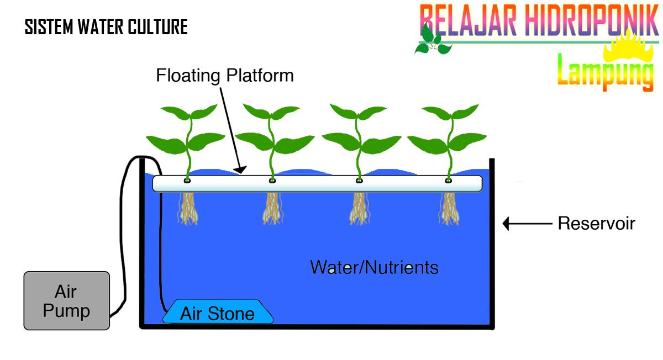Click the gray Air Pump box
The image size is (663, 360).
point(66,301)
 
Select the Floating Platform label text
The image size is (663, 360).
point(224,75)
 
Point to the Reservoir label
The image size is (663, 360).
point(596,224)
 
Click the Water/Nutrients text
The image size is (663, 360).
point(374,268)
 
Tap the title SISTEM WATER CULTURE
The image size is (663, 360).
point(106,27)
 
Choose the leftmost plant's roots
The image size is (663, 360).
point(188,209)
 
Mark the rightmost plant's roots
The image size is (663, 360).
point(449,209)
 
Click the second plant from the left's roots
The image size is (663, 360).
point(273,209)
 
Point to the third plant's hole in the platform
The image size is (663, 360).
point(360,180)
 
